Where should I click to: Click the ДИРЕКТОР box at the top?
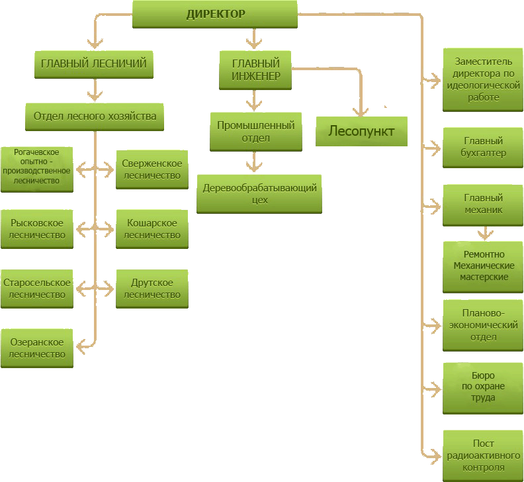[x=215, y=14]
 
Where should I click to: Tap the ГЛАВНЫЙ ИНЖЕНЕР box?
[x=255, y=71]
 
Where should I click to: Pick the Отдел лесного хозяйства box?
[x=95, y=117]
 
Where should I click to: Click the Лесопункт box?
[x=361, y=131]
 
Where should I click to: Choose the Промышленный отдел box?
[x=255, y=131]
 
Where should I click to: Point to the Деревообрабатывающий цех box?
[x=259, y=193]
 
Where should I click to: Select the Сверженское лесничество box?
[x=152, y=169]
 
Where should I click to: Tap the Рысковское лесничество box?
[x=37, y=229]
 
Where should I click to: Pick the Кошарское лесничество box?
[x=152, y=229]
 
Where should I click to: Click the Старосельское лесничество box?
[x=37, y=289]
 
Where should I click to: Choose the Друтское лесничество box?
[x=152, y=289]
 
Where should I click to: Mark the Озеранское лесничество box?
[x=37, y=348]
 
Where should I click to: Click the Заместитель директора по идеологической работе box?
[x=482, y=79]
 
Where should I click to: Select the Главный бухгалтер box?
[x=483, y=147]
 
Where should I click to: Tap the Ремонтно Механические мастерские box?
[x=483, y=266]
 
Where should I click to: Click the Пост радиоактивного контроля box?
[x=483, y=456]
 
